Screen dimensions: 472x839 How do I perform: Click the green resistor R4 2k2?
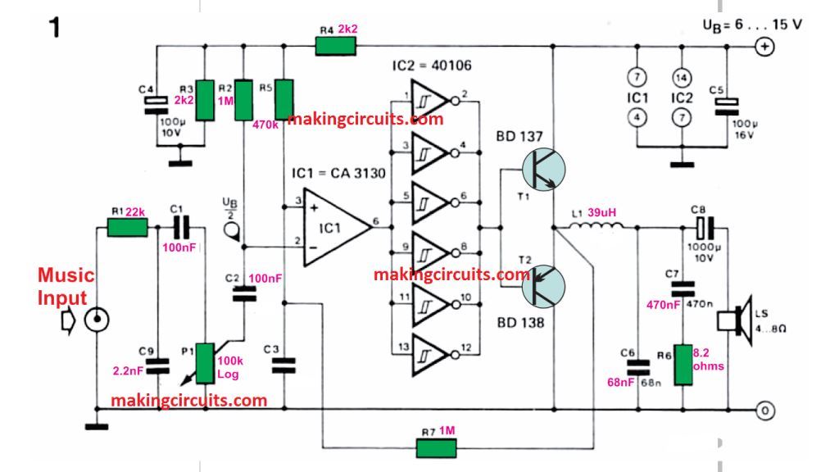point(336,47)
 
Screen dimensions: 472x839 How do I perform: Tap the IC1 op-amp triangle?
point(334,231)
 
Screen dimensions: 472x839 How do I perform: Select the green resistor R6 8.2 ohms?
point(682,364)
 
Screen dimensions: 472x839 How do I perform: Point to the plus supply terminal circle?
point(764,47)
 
